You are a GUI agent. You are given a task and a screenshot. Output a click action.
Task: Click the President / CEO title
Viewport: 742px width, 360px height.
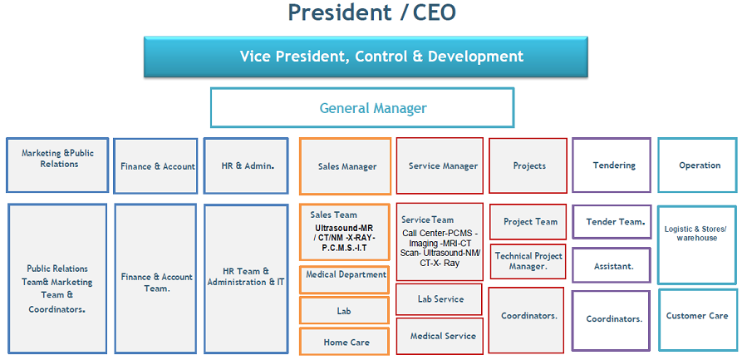(x=371, y=12)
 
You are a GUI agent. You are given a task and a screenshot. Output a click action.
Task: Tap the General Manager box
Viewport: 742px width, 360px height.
(x=362, y=108)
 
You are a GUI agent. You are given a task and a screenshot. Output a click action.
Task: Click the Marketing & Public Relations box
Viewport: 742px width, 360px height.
(x=57, y=165)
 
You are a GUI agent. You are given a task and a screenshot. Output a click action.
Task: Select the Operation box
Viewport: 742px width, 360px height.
(x=697, y=165)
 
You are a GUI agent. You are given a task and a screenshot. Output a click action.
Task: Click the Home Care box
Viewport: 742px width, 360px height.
(x=344, y=342)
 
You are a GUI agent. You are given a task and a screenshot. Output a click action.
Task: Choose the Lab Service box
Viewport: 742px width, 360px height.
(x=440, y=299)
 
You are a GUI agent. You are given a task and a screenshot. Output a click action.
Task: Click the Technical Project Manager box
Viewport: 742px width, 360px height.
(x=528, y=261)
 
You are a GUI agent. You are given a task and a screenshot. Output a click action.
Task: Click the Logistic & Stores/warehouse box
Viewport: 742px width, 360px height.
(x=697, y=234)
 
